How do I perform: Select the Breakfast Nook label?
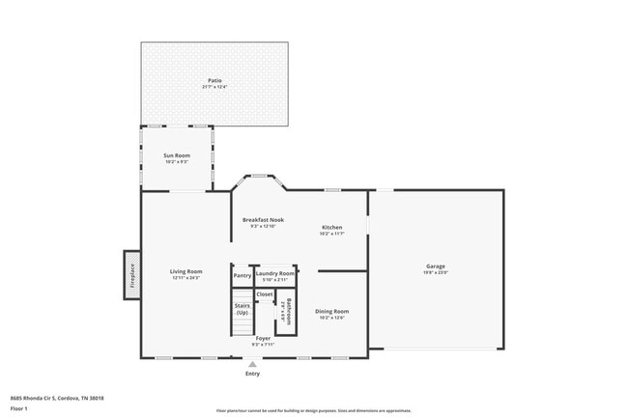pyautogui.click(x=263, y=220)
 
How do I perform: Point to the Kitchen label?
pyautogui.click(x=332, y=227)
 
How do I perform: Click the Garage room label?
pyautogui.click(x=436, y=266)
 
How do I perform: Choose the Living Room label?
pyautogui.click(x=186, y=271)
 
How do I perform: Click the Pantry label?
pyautogui.click(x=242, y=275)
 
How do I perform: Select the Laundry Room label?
pyautogui.click(x=275, y=273)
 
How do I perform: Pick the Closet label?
pyautogui.click(x=265, y=293)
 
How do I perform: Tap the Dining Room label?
pyautogui.click(x=332, y=311)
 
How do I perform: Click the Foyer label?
pyautogui.click(x=263, y=338)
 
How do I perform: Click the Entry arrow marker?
pyautogui.click(x=252, y=363)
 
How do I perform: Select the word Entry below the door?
pyautogui.click(x=252, y=373)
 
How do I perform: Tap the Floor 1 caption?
pyautogui.click(x=18, y=408)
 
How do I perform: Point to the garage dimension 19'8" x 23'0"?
pyautogui.click(x=436, y=273)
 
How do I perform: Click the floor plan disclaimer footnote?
pyautogui.click(x=313, y=410)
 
